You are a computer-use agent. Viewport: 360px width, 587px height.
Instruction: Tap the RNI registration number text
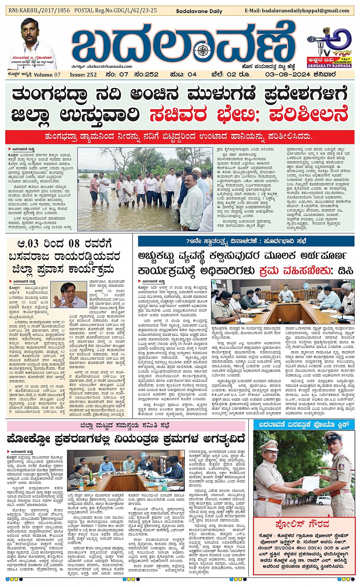39,11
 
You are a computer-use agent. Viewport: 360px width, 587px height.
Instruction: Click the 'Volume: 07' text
47,75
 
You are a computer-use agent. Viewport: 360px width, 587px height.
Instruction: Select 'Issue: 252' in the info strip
83,75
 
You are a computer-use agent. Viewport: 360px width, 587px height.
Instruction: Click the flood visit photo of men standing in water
145,189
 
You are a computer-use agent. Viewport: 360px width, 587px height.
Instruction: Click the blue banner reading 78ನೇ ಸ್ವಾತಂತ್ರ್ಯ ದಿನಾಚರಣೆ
246,241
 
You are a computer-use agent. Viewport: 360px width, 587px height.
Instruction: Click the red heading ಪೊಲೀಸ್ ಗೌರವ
304,524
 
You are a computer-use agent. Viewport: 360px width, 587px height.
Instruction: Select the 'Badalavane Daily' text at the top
199,11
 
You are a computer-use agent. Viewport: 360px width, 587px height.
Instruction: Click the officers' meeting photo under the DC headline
283,301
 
